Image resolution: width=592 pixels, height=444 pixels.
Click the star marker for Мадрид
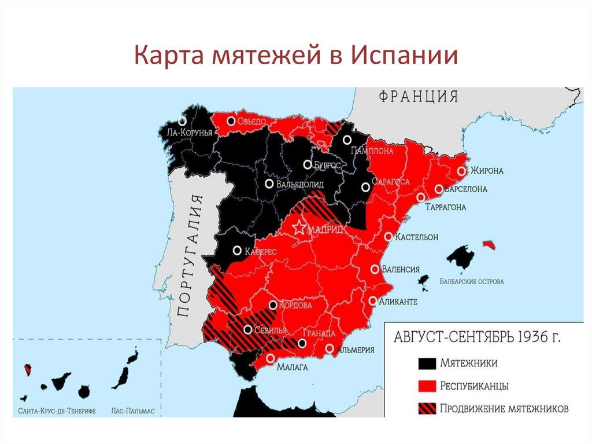coord(299,227)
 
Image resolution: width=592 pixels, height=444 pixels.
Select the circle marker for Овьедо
coord(231,122)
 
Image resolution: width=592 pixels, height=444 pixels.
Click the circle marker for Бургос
coord(308,164)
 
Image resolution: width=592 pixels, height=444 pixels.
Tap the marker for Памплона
coord(347,140)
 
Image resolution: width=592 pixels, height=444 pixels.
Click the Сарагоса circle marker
coord(365,187)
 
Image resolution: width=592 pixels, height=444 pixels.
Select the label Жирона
coord(487,171)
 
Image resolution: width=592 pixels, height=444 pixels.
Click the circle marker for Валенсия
coord(375,269)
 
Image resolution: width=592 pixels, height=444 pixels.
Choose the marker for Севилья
coord(247,330)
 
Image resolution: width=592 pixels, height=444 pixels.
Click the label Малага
coord(291,367)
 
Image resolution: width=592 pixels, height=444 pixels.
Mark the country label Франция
coord(419,96)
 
